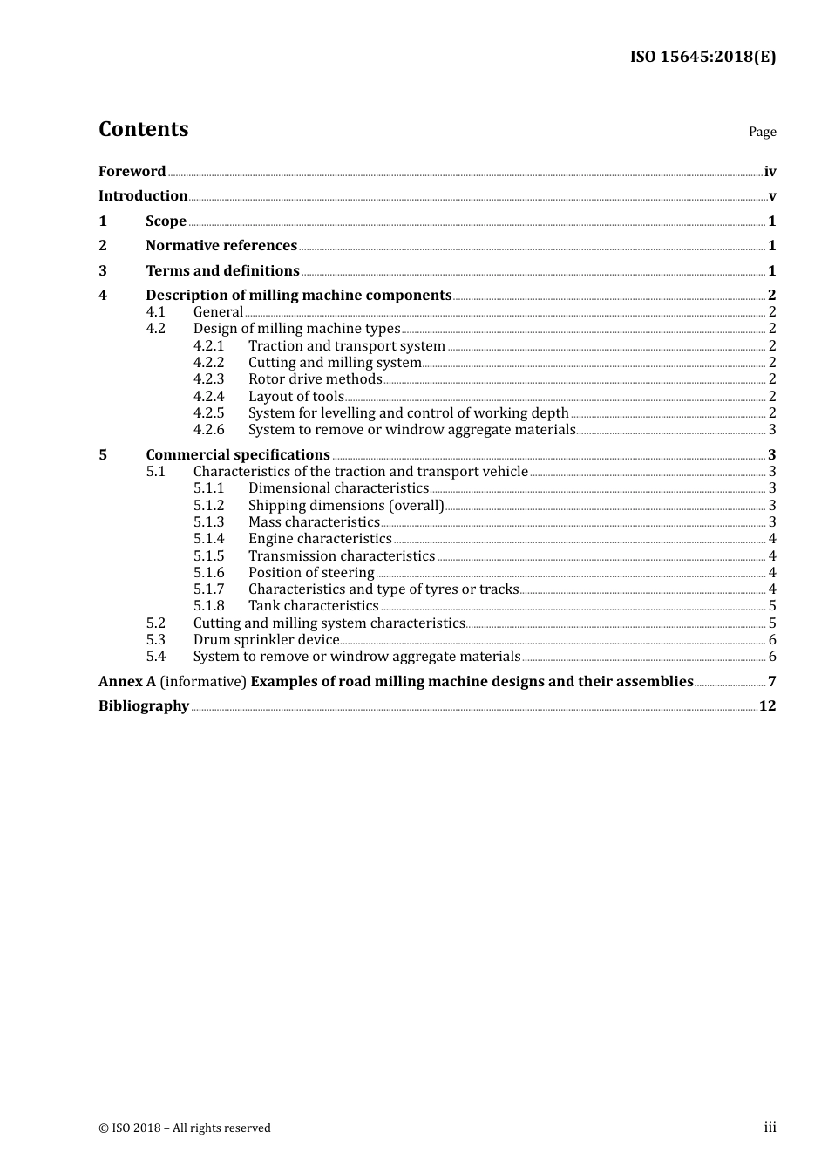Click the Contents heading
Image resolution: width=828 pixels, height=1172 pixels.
tap(143, 129)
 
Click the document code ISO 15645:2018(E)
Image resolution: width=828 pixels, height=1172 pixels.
tap(702, 58)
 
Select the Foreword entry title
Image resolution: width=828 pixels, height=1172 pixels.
tap(132, 171)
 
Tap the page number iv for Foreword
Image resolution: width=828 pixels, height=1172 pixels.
tap(770, 171)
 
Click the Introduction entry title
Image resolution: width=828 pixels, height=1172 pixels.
tap(143, 195)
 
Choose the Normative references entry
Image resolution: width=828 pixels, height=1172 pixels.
tap(221, 245)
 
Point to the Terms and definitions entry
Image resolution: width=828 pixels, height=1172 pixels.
tap(222, 270)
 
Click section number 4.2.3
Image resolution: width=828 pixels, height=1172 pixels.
tap(208, 378)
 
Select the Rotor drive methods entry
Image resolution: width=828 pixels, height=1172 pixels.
tap(315, 378)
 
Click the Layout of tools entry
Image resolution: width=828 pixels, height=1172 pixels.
tap(295, 396)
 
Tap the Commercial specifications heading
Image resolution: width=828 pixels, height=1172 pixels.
tap(237, 454)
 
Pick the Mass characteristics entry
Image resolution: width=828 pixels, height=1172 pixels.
tap(314, 521)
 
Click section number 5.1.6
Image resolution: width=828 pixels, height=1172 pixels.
tap(208, 572)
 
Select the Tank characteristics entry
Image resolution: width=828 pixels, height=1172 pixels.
tap(313, 605)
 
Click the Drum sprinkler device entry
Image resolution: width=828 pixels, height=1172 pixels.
tap(266, 639)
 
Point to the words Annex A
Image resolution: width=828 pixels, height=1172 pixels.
tap(127, 681)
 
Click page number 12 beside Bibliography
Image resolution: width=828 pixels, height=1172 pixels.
tap(767, 705)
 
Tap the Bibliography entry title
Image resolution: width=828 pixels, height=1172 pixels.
tap(144, 705)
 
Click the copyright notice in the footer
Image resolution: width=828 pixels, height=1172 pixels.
tap(185, 1128)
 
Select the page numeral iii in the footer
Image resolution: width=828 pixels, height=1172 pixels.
tap(770, 1128)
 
